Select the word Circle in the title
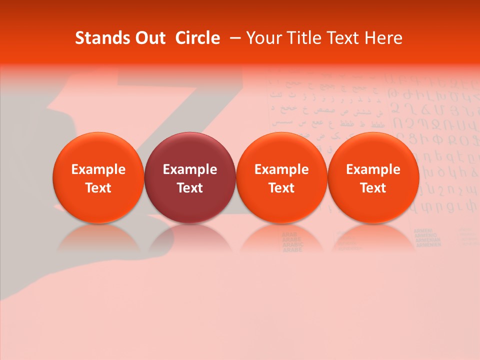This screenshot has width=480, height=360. click(197, 38)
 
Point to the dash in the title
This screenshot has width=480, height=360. click(234, 38)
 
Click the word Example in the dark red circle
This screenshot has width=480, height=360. click(190, 169)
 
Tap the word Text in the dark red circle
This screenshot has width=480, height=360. click(190, 188)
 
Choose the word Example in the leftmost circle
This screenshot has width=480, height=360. click(98, 169)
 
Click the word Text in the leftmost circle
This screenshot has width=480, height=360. click(98, 188)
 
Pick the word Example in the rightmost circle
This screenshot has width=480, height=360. click(373, 169)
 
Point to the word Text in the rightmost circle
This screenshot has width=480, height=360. click(373, 188)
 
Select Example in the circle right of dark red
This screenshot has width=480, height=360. click(281, 169)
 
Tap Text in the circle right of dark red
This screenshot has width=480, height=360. click(281, 188)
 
